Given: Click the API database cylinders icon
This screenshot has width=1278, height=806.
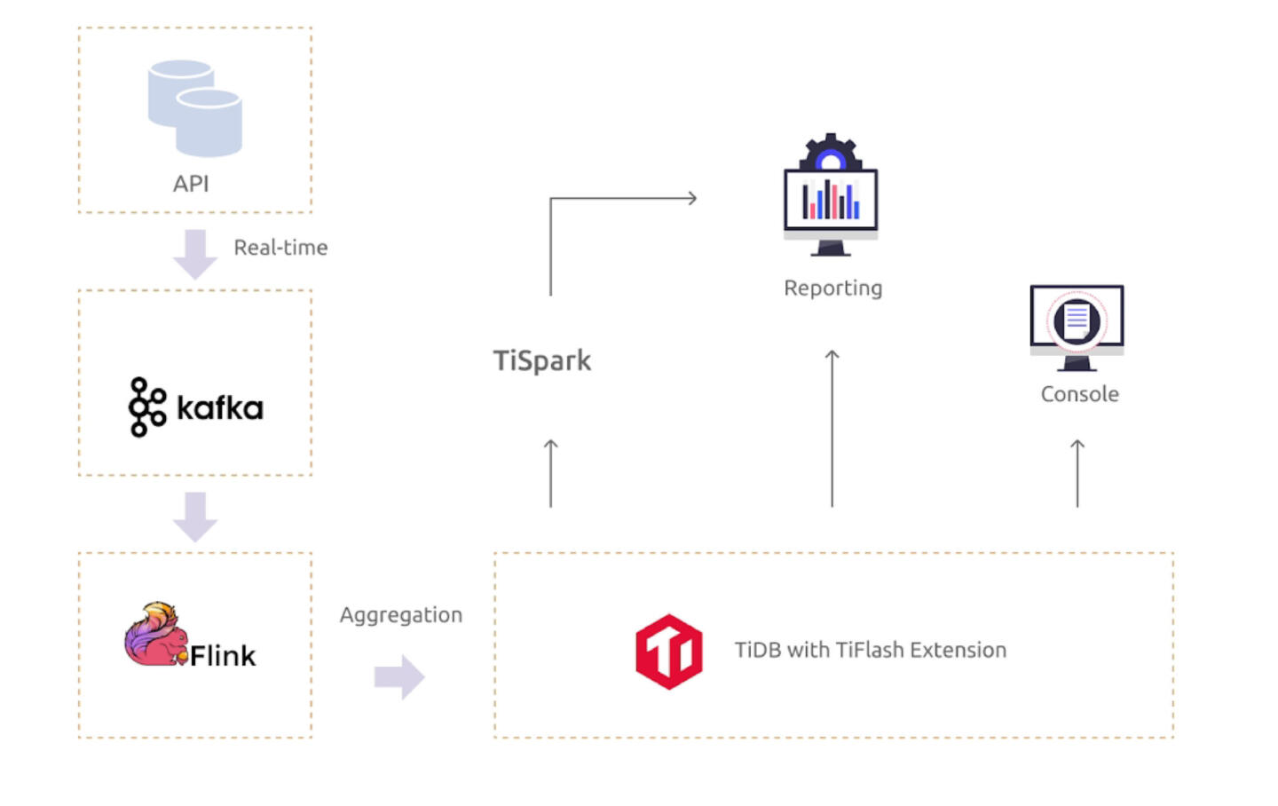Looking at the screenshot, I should coord(194,107).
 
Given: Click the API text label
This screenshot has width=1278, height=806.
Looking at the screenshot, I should coord(191,184).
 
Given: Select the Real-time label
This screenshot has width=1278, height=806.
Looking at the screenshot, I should coord(280,248).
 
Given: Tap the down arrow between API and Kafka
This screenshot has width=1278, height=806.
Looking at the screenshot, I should coord(195,254).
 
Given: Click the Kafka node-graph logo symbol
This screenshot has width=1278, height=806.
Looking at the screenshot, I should coord(146,407).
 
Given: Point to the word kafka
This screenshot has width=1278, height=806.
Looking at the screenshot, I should coord(220,408).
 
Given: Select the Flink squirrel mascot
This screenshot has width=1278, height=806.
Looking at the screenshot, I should coord(155,636).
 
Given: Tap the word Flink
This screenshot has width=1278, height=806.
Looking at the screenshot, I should coord(223,656).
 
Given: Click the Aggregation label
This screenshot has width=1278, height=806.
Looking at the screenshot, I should coord(401,615).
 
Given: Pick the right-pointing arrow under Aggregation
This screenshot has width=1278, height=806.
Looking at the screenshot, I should coord(399,677).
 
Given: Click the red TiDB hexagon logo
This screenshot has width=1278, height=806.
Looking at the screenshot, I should coord(668,652).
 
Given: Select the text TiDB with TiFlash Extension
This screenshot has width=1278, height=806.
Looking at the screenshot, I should coord(870,651).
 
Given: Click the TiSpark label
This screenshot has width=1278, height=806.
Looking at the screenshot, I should coord(541,360).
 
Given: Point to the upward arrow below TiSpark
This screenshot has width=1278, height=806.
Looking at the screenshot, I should coord(550,473).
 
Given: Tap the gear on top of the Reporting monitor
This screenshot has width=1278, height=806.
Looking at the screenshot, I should coord(830,153).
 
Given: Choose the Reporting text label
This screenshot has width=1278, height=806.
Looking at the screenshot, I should coord(832,288).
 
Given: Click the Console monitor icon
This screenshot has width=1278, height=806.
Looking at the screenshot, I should coord(1077,326).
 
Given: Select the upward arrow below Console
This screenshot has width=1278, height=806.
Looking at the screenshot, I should coord(1077,473).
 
